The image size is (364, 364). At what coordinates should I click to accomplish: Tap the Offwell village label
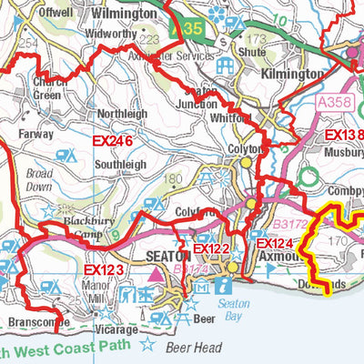(56, 14)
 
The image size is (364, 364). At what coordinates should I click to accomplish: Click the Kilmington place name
(292, 73)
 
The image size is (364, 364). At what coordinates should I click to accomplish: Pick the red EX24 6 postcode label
(112, 141)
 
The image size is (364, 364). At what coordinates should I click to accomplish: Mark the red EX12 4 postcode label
(274, 245)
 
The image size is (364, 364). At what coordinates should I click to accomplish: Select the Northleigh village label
(122, 114)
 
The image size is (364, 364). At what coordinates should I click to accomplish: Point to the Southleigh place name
(121, 165)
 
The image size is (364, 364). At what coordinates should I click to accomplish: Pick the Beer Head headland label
(194, 347)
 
